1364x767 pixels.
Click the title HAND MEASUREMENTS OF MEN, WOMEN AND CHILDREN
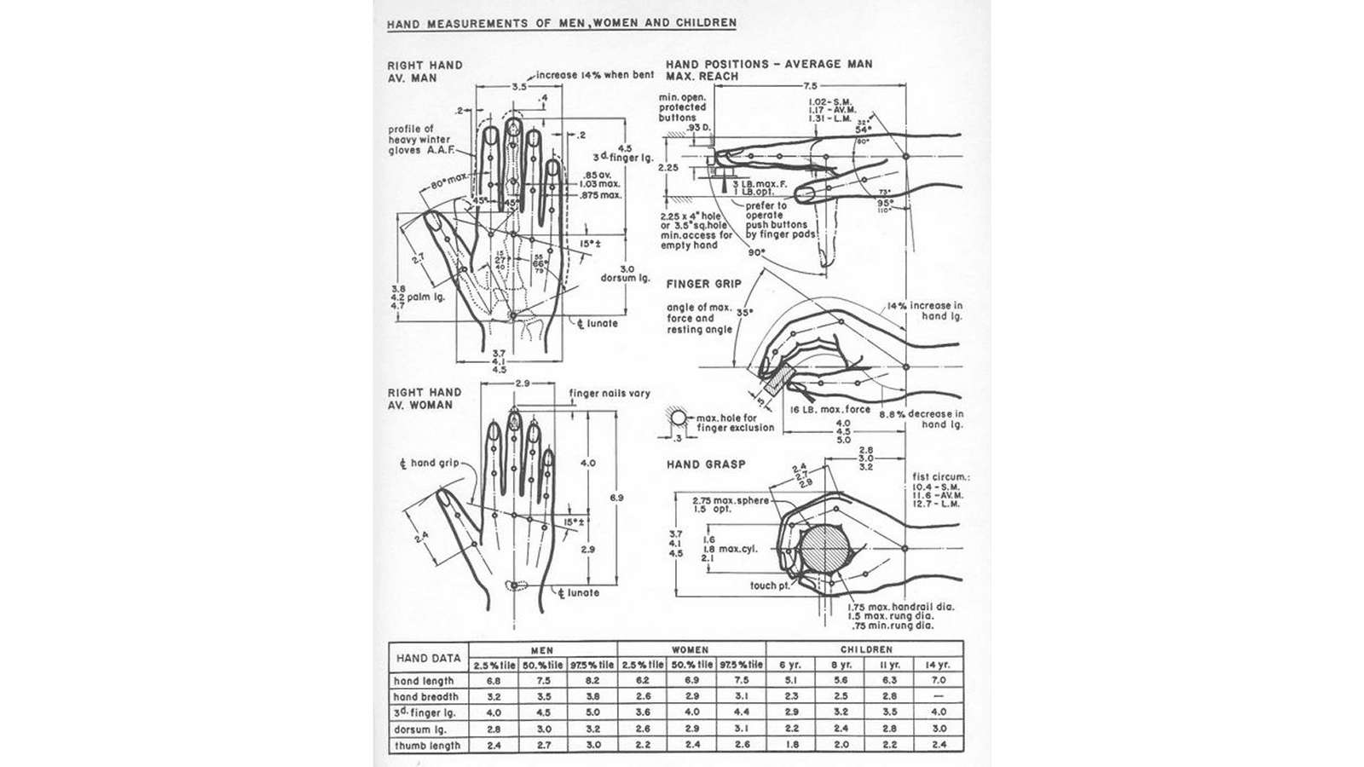(561, 23)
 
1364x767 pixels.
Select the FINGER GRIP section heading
(704, 284)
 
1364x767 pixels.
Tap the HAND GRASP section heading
(706, 464)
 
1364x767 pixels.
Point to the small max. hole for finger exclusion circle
(679, 419)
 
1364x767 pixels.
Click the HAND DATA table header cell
(428, 658)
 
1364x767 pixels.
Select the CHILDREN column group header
(865, 649)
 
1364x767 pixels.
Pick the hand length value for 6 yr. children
(791, 681)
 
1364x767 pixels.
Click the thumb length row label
(427, 746)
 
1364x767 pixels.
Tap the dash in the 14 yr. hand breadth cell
(939, 696)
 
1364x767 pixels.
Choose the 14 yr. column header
(939, 665)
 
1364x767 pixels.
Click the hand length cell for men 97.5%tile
(592, 681)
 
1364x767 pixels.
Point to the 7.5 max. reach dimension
(810, 86)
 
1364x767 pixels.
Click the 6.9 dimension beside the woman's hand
(617, 498)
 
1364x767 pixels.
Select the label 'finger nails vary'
(610, 394)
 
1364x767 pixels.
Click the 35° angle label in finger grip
(744, 313)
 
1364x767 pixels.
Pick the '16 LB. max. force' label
(829, 410)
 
